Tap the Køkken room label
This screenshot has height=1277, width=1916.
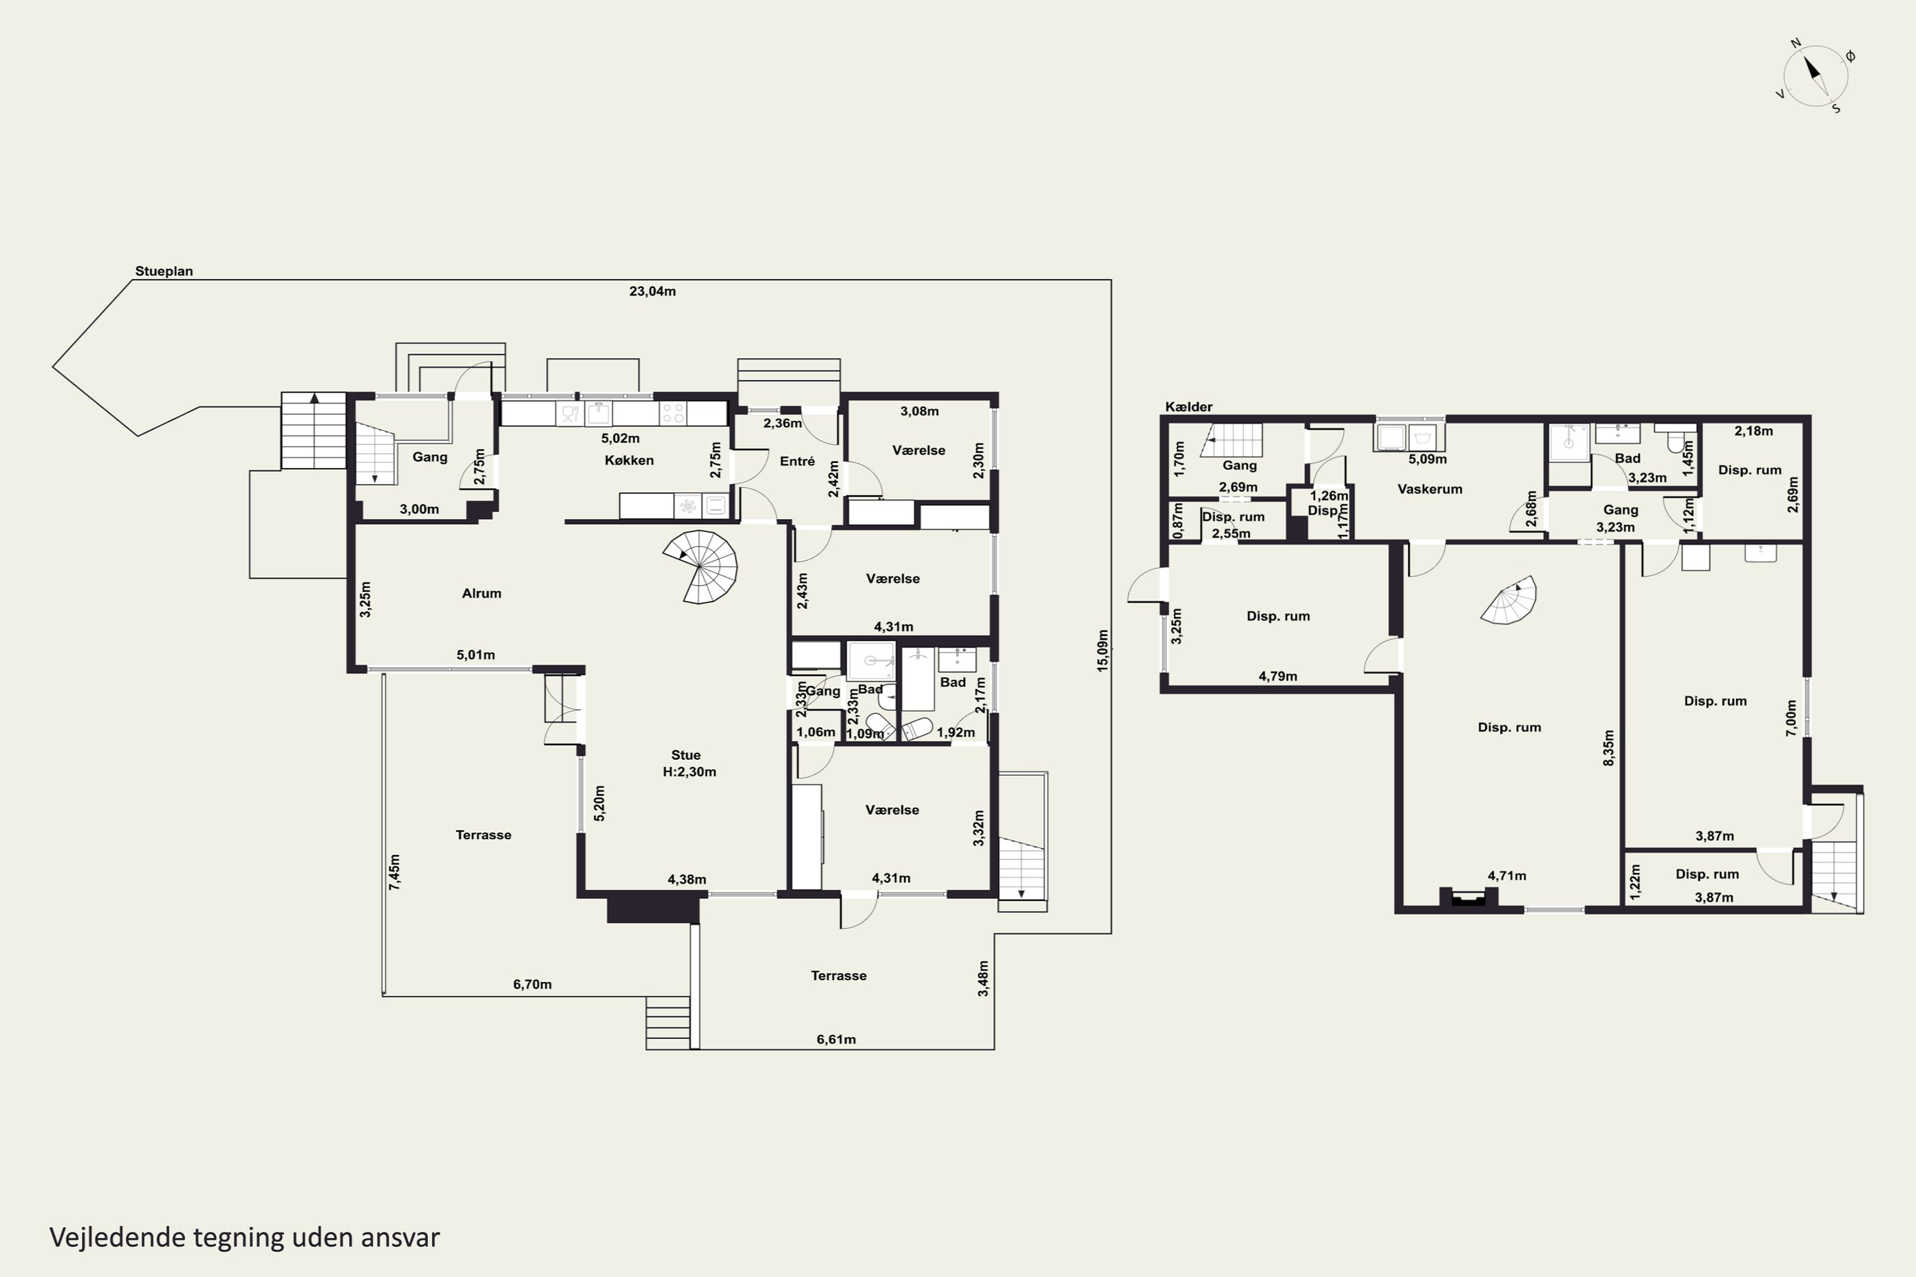coord(629,460)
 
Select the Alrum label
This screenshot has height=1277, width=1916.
coord(482,593)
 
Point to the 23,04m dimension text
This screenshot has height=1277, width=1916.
coord(653,291)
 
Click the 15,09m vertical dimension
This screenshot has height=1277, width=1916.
coord(1102,650)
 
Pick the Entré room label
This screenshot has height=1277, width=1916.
coord(796,461)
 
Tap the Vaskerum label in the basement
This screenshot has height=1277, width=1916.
coord(1430,488)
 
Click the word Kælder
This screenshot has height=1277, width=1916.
coord(1189,406)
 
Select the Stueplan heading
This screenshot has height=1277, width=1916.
coord(163,271)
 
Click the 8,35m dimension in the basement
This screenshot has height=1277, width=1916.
coord(1608,748)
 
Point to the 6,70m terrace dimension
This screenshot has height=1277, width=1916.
coord(532,984)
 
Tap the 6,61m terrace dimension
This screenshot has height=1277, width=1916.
coord(836,1039)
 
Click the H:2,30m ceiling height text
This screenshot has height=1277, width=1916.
coord(689,772)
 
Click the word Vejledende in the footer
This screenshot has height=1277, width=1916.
coord(118,1237)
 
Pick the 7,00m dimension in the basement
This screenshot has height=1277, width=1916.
coord(1791,718)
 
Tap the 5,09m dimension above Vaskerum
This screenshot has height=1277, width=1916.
coord(1428,459)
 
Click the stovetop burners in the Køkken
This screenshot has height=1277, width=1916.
coord(673,413)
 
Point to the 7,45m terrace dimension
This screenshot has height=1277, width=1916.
coord(394,872)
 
